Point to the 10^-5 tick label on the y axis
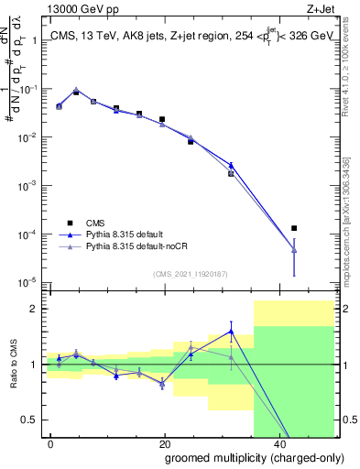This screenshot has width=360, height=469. pyautogui.click(x=27, y=282)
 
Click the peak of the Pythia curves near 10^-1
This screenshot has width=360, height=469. pyautogui.click(x=76, y=89)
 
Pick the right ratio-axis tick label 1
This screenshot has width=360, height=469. pyautogui.click(x=345, y=365)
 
